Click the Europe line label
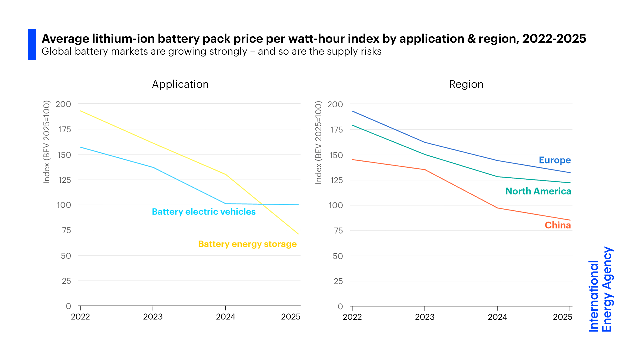pyautogui.click(x=555, y=160)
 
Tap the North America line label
pyautogui.click(x=538, y=191)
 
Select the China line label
pyautogui.click(x=558, y=225)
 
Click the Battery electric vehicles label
pyautogui.click(x=204, y=212)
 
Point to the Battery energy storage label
pyautogui.click(x=247, y=244)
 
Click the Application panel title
pyautogui.click(x=180, y=84)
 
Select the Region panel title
pyautogui.click(x=466, y=84)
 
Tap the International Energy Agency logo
pyautogui.click(x=600, y=289)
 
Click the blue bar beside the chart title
pyautogui.click(x=32, y=44)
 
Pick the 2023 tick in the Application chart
pyautogui.click(x=153, y=317)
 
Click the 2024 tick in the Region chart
pyautogui.click(x=497, y=317)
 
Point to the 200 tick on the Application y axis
pyautogui.click(x=63, y=104)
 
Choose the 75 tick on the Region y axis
pyautogui.click(x=338, y=231)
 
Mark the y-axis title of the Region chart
pyautogui.click(x=319, y=142)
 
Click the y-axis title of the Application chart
pyautogui.click(x=47, y=142)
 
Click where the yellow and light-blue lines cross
pyautogui.click(x=262, y=204)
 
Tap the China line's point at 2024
pyautogui.click(x=498, y=208)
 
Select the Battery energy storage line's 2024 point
pyautogui.click(x=226, y=174)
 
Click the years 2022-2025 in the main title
pyautogui.click(x=554, y=39)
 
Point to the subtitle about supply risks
pyautogui.click(x=211, y=52)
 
